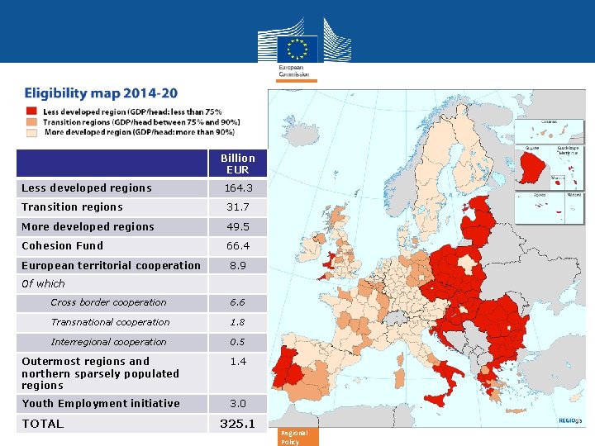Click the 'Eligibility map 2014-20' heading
tap(101, 93)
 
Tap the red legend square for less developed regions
tap(31, 111)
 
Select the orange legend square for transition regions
tap(31, 121)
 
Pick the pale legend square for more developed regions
tap(31, 131)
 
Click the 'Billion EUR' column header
tap(237, 164)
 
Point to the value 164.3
tap(237, 188)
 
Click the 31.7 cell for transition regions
tap(237, 207)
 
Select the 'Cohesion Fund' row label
tap(63, 246)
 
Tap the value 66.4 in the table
tap(237, 246)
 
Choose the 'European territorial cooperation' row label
tap(111, 266)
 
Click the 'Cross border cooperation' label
tap(108, 302)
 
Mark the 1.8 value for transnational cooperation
tap(237, 322)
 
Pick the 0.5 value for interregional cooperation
tap(237, 342)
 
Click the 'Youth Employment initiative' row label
tap(101, 404)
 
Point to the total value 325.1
tap(237, 424)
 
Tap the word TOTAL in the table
tap(43, 424)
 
